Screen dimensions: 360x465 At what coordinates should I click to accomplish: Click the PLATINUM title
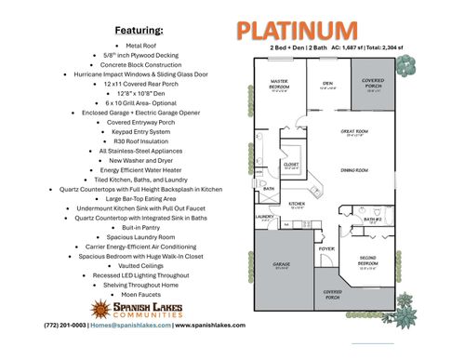(295, 30)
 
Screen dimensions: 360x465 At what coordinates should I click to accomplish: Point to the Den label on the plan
(327, 84)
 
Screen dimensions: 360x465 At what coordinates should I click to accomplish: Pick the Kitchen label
(298, 204)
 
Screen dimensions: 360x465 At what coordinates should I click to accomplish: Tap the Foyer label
(326, 249)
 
